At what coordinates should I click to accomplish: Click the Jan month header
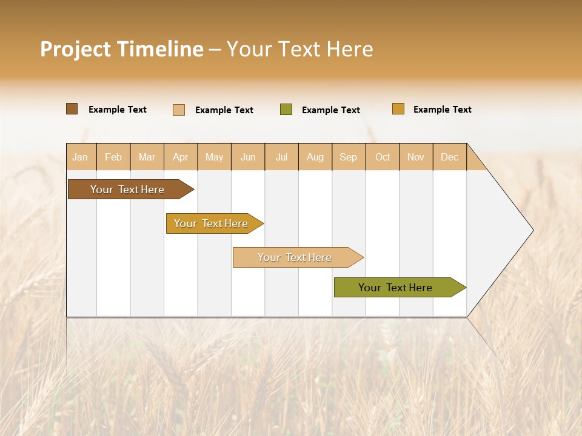pos(81,157)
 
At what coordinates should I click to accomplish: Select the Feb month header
pos(113,157)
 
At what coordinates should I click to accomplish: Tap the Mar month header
pos(147,157)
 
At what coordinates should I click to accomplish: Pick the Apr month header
pos(181,157)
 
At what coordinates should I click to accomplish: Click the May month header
pos(214,157)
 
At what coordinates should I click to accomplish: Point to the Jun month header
pos(248,157)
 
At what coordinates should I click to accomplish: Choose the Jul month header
pos(281,157)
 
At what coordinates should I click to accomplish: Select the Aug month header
pos(315,157)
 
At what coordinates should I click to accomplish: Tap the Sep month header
pos(349,157)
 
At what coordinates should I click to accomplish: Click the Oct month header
pos(383,157)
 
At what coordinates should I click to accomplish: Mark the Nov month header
pos(416,157)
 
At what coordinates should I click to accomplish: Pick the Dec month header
pos(450,157)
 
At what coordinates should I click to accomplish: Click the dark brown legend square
pos(72,109)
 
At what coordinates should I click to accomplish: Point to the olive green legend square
pos(286,110)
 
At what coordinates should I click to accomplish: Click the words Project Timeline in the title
pos(122,49)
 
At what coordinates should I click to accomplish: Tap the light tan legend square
pos(179,110)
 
